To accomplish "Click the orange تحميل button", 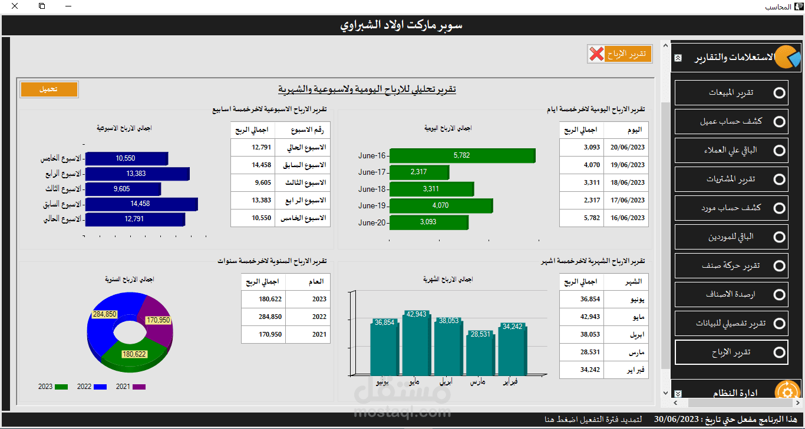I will pyautogui.click(x=49, y=89).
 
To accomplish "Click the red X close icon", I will pyautogui.click(x=596, y=54).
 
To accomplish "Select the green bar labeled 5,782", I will pyautogui.click(x=462, y=155).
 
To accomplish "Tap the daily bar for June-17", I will pyautogui.click(x=419, y=172).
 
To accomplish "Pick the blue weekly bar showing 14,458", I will pyautogui.click(x=141, y=204).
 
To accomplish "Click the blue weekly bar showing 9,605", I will pyautogui.click(x=123, y=189).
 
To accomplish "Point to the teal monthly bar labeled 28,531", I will pyautogui.click(x=480, y=353).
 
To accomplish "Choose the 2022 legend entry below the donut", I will pyautogui.click(x=91, y=387).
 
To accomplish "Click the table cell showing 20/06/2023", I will pyautogui.click(x=627, y=148).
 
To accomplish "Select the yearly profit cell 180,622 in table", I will pyautogui.click(x=263, y=299).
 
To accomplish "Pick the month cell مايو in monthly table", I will pyautogui.click(x=625, y=317).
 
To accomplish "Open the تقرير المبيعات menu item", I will pyautogui.click(x=731, y=93).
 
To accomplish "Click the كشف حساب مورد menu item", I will pyautogui.click(x=731, y=208).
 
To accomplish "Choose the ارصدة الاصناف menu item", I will pyautogui.click(x=731, y=294).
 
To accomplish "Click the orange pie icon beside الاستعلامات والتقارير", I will pyautogui.click(x=787, y=57).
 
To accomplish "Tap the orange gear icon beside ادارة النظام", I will pyautogui.click(x=787, y=392).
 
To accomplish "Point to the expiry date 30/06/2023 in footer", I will pyautogui.click(x=677, y=420).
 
